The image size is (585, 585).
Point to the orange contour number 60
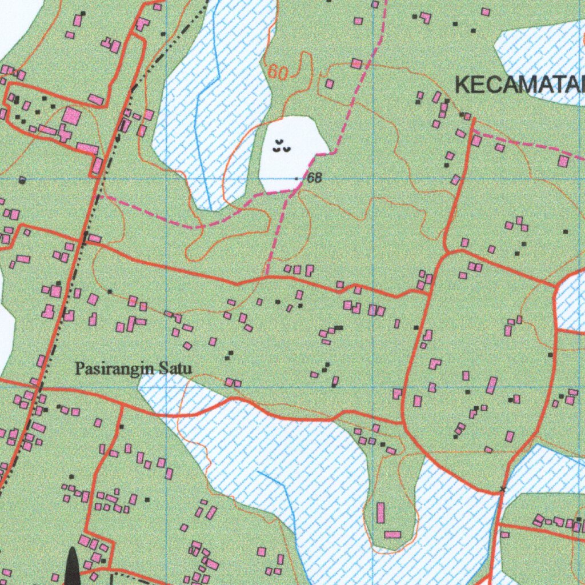tap(278, 72)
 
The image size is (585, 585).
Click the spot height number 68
tap(314, 178)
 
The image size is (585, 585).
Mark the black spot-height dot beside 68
tap(296, 179)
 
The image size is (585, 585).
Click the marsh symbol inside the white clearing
tap(281, 146)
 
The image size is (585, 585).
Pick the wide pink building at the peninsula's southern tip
tap(392, 535)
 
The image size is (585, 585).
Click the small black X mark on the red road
tap(502, 489)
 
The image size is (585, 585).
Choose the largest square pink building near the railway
tap(71, 116)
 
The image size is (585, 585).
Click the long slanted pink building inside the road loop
tap(491, 384)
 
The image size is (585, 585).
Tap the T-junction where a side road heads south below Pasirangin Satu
tap(122, 407)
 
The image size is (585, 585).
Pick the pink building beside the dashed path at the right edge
tap(563, 161)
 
